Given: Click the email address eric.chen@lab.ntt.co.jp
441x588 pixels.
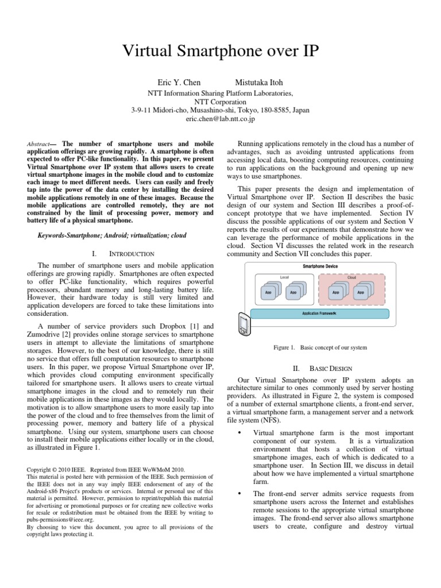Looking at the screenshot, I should [220, 119].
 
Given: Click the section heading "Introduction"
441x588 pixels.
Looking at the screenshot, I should [131, 253].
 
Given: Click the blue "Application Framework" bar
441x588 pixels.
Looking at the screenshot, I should [319, 314].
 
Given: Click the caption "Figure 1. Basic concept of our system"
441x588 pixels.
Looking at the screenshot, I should [319, 347].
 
